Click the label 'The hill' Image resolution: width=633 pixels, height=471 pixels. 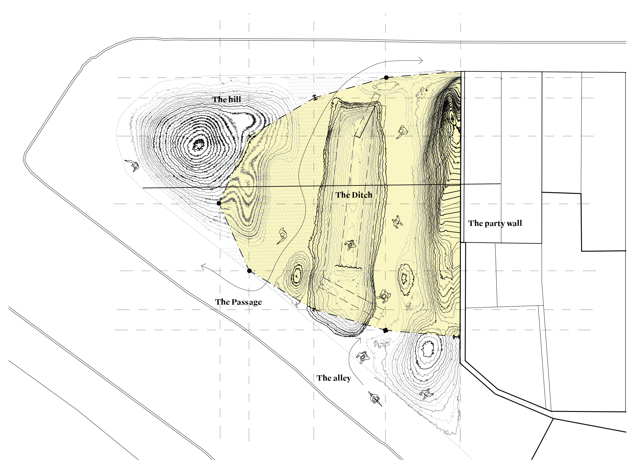(227, 99)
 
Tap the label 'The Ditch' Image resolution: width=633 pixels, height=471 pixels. (354, 195)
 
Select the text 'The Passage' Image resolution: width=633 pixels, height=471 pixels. (238, 302)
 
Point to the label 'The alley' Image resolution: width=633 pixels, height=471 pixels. (334, 378)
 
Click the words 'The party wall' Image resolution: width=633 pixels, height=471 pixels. (495, 223)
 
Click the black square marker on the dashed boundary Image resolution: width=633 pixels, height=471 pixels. (385, 330)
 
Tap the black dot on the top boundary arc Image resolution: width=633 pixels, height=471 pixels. (386, 78)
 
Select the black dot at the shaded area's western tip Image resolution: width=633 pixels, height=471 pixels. (219, 203)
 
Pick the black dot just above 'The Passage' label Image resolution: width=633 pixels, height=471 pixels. (249, 271)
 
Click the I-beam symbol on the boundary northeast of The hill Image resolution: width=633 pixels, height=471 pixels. (315, 97)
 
